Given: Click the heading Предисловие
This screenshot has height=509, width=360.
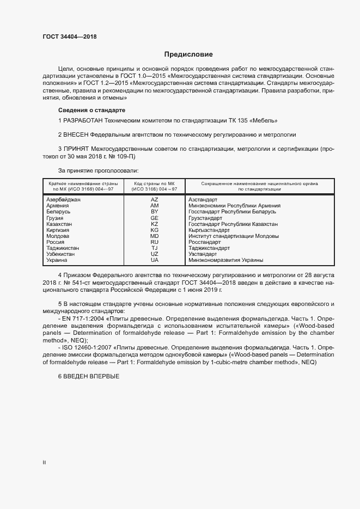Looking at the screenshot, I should pos(189,54).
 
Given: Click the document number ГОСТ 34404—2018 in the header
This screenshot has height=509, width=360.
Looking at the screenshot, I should pos(69,36).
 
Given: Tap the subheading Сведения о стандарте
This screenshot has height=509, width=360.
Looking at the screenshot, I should pos(91,111).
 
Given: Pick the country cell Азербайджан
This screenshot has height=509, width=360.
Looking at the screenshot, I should pos(64,200).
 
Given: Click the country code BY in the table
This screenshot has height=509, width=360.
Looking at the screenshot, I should pos(154,212).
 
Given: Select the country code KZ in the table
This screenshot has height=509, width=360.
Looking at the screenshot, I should pos(154,224).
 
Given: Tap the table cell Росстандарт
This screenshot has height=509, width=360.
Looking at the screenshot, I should pos(205,242).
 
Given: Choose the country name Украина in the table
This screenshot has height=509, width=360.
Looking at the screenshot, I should pos(58,260).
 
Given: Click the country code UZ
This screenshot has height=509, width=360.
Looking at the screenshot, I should pos(154,254).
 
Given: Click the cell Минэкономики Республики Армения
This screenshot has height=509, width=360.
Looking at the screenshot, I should pos(235,206).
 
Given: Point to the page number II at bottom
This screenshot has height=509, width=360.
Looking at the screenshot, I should pos(45,463).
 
